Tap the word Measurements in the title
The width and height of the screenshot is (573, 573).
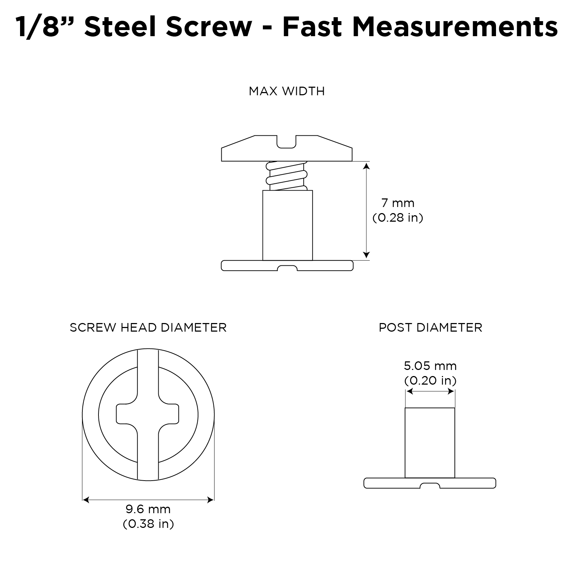click(455, 27)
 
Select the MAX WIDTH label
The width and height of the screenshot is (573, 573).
click(286, 91)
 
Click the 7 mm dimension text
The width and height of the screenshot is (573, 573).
click(398, 203)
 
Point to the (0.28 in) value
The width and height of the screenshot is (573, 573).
click(398, 218)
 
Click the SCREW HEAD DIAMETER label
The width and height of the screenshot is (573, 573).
click(148, 327)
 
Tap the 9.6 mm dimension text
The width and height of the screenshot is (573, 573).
click(148, 509)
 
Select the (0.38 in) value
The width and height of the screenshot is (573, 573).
click(148, 524)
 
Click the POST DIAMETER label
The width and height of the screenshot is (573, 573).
click(430, 327)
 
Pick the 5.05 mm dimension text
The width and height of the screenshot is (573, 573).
click(430, 366)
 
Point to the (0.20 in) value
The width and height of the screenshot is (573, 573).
click(430, 380)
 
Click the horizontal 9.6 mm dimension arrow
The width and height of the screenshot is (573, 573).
click(148, 500)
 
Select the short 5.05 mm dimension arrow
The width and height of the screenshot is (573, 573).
click(430, 392)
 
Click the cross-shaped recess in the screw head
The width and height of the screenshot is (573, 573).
click(148, 414)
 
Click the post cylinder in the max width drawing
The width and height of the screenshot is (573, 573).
click(287, 226)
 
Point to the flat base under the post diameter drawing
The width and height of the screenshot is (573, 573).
click(430, 483)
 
